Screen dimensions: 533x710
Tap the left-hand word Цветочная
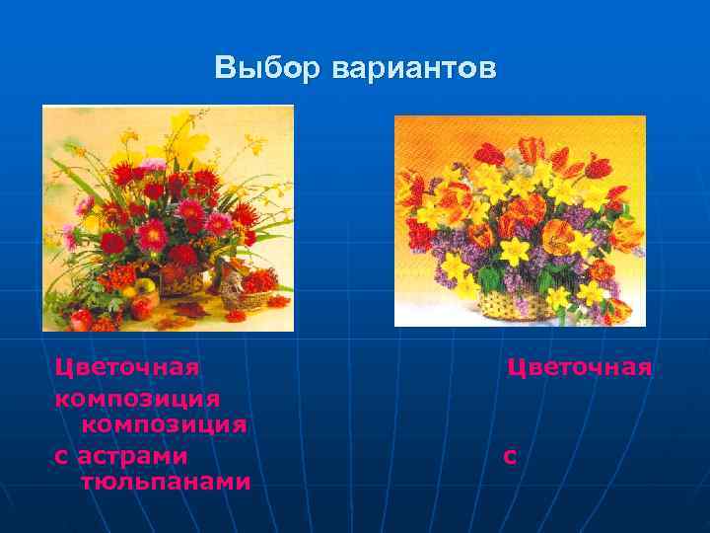click(x=127, y=367)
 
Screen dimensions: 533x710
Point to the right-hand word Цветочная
click(x=580, y=367)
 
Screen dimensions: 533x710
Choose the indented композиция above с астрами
click(x=164, y=424)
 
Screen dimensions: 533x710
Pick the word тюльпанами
click(x=166, y=483)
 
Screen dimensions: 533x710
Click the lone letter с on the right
click(x=509, y=457)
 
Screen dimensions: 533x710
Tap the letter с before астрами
click(x=61, y=456)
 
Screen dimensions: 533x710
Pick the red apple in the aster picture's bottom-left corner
click(x=80, y=319)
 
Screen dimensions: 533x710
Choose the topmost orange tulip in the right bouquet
click(x=532, y=147)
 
